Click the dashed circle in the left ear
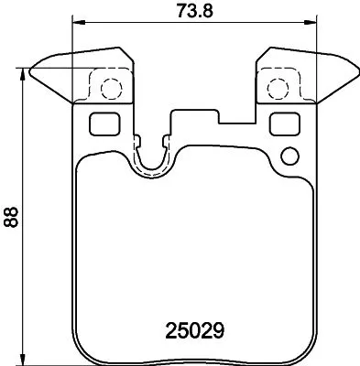tap(109, 89)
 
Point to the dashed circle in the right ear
tap(276, 89)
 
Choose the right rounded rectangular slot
tap(283, 123)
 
